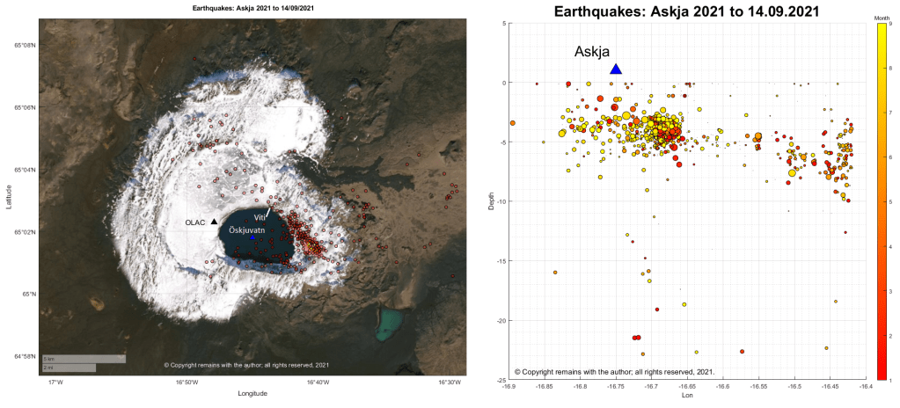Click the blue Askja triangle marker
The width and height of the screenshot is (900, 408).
pos(616,69)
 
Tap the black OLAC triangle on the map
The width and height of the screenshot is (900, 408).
pos(214,222)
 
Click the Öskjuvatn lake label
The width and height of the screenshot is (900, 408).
pos(246,228)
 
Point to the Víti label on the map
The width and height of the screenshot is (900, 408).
pos(260,216)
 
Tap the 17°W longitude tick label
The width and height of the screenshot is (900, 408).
pos(55,382)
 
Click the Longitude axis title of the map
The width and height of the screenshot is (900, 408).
pos(252,394)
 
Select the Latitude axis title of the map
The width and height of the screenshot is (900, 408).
pos(8,201)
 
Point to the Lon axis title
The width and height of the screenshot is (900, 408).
pos(685,397)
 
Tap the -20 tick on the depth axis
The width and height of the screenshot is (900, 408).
pos(498,320)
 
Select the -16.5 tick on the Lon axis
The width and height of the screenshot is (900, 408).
pos(794,386)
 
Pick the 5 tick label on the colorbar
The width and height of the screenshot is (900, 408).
pos(892,202)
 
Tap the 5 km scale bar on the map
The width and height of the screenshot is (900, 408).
pos(84,359)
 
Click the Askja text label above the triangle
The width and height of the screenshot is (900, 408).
pos(592,52)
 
